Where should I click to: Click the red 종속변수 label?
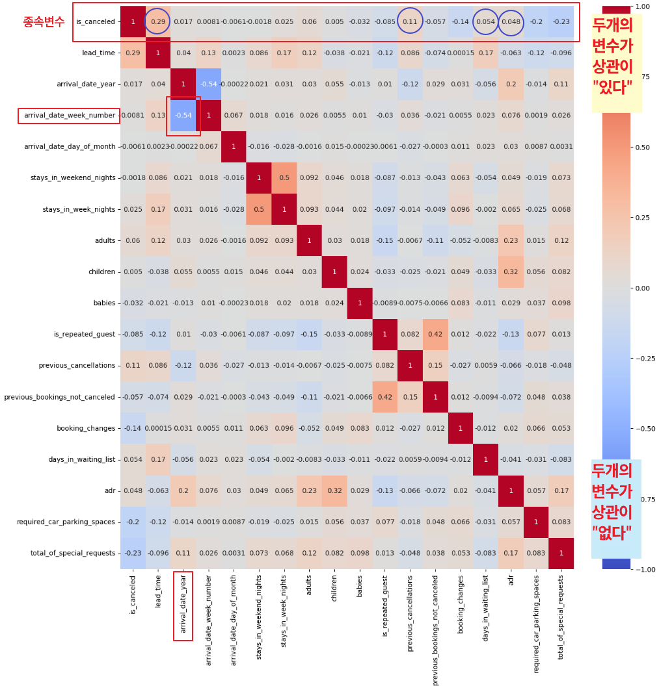[44, 21]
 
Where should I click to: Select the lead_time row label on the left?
[98, 53]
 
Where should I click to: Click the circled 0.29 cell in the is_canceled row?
[158, 22]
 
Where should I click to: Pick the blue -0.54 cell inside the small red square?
[183, 116]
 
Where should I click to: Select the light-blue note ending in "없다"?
[615, 509]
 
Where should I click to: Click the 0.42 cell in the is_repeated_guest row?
[435, 335]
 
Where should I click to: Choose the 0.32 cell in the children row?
[511, 272]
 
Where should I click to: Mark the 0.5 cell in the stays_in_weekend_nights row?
[284, 178]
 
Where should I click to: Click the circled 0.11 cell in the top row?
[410, 22]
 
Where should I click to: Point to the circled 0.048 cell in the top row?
[511, 22]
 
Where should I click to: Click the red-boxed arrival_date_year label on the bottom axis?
[183, 605]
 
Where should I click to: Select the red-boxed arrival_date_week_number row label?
[69, 116]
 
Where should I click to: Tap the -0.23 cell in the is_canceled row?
[561, 22]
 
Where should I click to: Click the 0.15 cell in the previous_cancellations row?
[435, 366]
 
